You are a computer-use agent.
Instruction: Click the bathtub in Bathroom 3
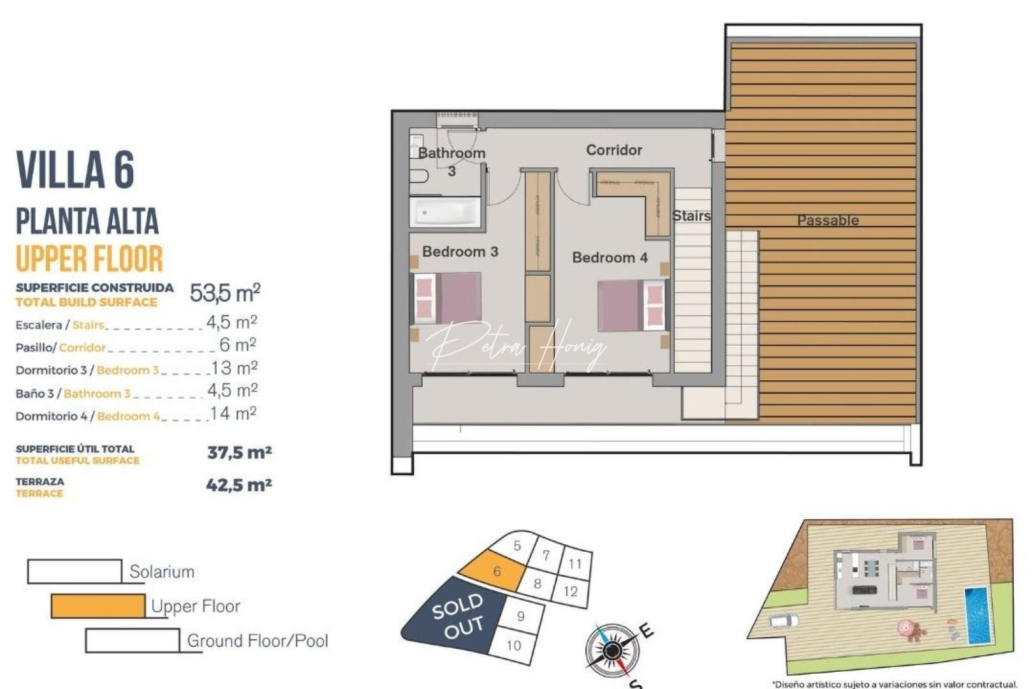coord(444,212)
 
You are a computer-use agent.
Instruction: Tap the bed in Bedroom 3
coord(447,299)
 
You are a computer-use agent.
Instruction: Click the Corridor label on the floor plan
coord(613,150)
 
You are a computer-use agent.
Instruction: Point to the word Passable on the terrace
coord(828,221)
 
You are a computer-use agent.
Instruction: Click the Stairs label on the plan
coord(691,216)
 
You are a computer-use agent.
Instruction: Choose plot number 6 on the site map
coord(497,571)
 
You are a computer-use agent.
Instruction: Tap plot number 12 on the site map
coord(570,591)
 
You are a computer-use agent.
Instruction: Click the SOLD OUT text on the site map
coord(457,616)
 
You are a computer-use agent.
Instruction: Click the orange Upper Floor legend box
coord(98,606)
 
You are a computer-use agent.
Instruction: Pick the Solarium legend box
coord(75,572)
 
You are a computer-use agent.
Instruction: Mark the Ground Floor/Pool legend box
coord(133,641)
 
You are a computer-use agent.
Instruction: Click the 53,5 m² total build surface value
coord(225,293)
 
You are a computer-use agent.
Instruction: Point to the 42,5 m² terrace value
coord(239,485)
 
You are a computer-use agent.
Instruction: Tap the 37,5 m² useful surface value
coord(239,453)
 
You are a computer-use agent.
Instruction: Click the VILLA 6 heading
coord(75,170)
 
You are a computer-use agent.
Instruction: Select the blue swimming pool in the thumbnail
coord(976,616)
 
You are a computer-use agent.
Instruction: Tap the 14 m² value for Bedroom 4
coord(233,414)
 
